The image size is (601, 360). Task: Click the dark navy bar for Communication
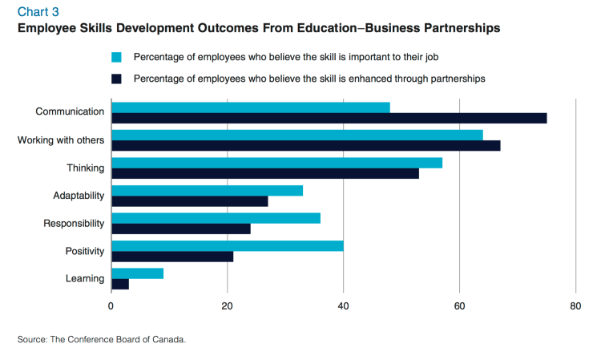pyautogui.click(x=329, y=118)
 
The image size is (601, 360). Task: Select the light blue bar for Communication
pyautogui.click(x=251, y=107)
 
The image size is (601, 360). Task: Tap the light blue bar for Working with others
pyautogui.click(x=297, y=135)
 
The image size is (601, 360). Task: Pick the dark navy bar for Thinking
pyautogui.click(x=265, y=173)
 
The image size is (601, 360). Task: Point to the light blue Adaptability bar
pyautogui.click(x=207, y=190)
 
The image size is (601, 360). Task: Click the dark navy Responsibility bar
pyautogui.click(x=181, y=229)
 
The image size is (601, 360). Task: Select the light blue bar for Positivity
pyautogui.click(x=228, y=245)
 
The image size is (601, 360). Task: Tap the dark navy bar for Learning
pyautogui.click(x=120, y=284)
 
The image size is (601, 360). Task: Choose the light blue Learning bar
pyautogui.click(x=137, y=273)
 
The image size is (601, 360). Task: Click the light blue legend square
pyautogui.click(x=116, y=57)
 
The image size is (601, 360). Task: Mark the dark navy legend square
pyautogui.click(x=116, y=79)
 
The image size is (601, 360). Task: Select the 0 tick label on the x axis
pyautogui.click(x=111, y=305)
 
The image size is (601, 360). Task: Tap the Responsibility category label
pyautogui.click(x=74, y=223)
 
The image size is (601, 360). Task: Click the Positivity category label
pyautogui.click(x=85, y=251)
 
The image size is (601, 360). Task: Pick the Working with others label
pyautogui.click(x=61, y=140)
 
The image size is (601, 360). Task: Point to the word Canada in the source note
pyautogui.click(x=168, y=340)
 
